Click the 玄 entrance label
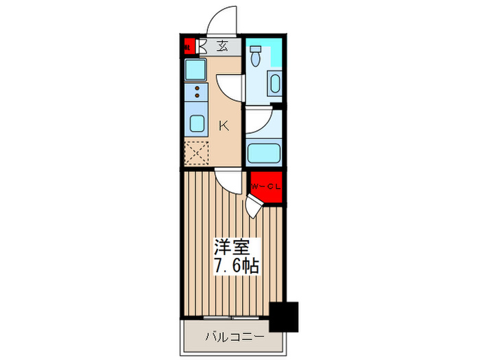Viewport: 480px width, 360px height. [x=223, y=47]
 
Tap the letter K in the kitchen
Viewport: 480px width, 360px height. [x=223, y=125]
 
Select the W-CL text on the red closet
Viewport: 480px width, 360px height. [x=263, y=187]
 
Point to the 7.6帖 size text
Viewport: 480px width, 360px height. [x=235, y=265]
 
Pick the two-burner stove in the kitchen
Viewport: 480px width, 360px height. [x=197, y=93]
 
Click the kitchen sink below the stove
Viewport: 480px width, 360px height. [x=197, y=124]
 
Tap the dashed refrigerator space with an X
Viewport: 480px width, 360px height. [x=196, y=152]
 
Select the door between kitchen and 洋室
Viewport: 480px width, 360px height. [x=228, y=182]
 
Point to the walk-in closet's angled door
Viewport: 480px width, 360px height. [x=255, y=204]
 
